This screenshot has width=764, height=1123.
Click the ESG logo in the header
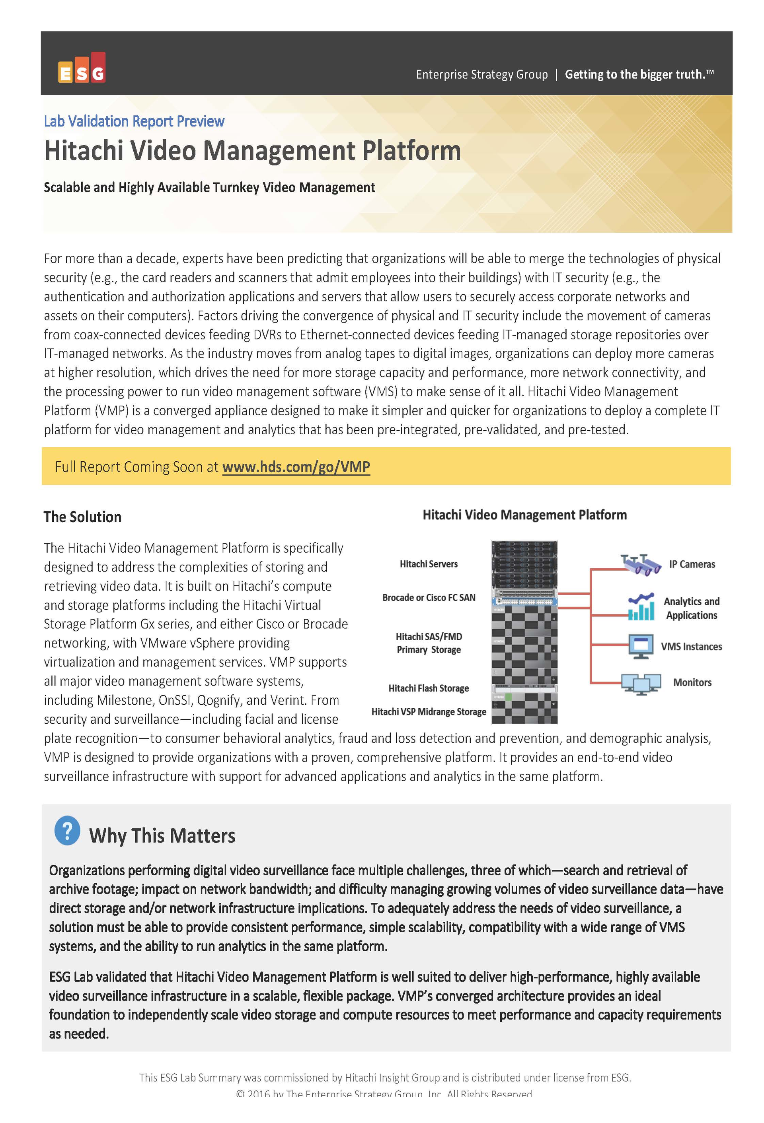pos(81,68)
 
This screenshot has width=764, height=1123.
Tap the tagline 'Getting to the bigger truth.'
pos(638,74)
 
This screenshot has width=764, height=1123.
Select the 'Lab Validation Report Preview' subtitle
pos(134,121)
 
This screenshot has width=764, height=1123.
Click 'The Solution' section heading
pos(82,517)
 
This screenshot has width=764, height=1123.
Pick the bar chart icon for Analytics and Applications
pos(641,607)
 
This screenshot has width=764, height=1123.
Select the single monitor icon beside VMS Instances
pos(641,647)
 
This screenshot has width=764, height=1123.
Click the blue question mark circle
pos(67,831)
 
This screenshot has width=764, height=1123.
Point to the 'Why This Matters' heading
pos(162,836)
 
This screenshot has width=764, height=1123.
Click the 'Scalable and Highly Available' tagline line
pos(209,187)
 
